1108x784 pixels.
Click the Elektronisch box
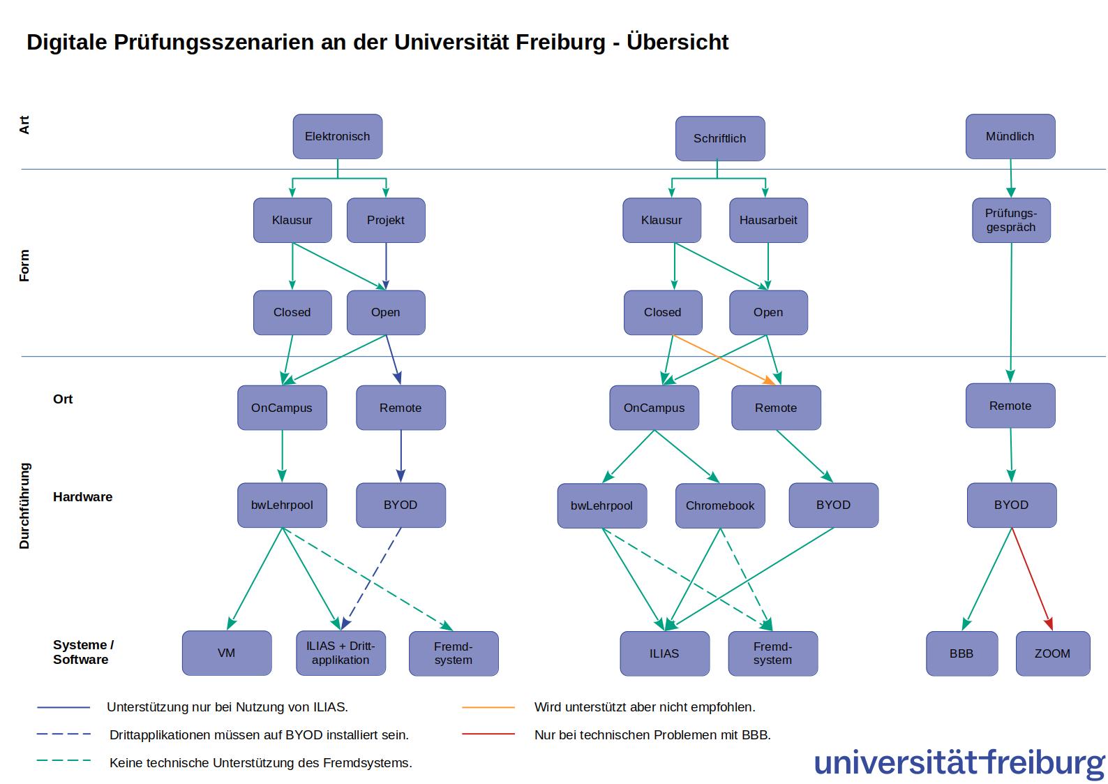(x=337, y=136)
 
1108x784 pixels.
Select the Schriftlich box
(x=719, y=139)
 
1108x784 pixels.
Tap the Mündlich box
(x=1010, y=136)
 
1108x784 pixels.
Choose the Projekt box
(x=386, y=220)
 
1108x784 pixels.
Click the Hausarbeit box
(x=768, y=220)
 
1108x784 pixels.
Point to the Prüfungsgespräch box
(x=1011, y=220)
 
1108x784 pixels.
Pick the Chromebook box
(x=719, y=505)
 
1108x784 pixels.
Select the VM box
(x=227, y=653)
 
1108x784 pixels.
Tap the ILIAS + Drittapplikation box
(x=340, y=653)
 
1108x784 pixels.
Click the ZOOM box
(x=1053, y=653)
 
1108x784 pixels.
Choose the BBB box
(x=961, y=653)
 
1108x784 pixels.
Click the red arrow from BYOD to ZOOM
(x=1033, y=579)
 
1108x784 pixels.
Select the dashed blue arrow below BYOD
(x=371, y=579)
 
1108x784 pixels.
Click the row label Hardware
(x=82, y=496)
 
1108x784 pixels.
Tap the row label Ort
(x=63, y=399)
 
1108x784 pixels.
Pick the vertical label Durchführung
(x=24, y=506)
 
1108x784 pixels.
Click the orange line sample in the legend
(x=488, y=707)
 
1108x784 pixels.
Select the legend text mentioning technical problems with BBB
(x=652, y=735)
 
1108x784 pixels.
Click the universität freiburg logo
(x=959, y=764)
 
